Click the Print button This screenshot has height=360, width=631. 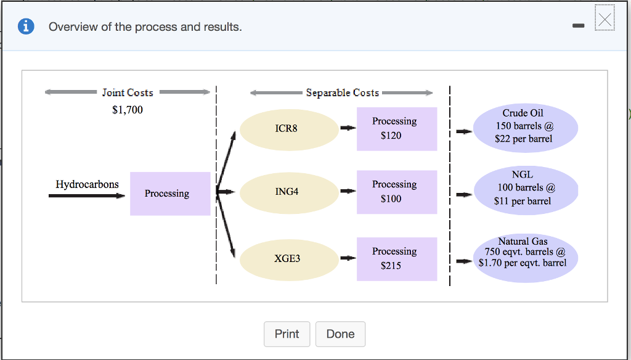tap(287, 334)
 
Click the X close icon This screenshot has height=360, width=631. tap(605, 18)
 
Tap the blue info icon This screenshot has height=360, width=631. tap(26, 27)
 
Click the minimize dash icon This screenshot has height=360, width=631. tap(578, 26)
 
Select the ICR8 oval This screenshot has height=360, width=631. tap(289, 129)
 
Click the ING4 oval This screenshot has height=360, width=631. tap(289, 192)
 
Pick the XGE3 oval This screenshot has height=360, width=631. tap(289, 260)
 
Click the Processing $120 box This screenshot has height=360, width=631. tap(397, 129)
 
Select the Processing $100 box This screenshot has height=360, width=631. tap(397, 192)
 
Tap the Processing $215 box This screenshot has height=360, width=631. tap(397, 259)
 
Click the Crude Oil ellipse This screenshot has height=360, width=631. tap(526, 128)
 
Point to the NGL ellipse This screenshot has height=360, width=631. tap(526, 190)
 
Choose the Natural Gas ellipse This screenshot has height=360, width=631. tap(526, 258)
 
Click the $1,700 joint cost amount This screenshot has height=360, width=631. tap(128, 110)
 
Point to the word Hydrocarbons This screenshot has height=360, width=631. tap(87, 184)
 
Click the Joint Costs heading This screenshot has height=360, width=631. tap(128, 92)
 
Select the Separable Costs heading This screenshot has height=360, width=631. tap(343, 92)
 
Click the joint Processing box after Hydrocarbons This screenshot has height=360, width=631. tap(170, 194)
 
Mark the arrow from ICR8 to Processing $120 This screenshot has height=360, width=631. tap(348, 128)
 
